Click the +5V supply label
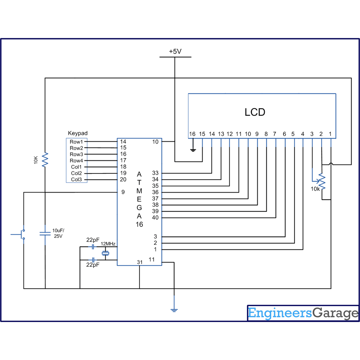click(175, 51)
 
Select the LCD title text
click(255, 112)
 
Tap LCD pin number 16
click(192, 134)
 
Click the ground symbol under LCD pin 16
click(193, 150)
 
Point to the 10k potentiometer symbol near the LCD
click(322, 182)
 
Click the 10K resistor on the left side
click(45, 160)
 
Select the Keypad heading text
click(78, 133)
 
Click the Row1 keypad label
click(76, 142)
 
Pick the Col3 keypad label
click(76, 179)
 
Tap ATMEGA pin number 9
click(123, 192)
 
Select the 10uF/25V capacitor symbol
click(45, 234)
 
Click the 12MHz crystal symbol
click(105, 253)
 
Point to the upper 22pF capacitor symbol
click(93, 247)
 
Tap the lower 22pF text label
click(93, 265)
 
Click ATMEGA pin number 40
click(155, 218)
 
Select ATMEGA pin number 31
click(140, 262)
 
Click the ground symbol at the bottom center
click(174, 310)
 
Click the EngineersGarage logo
click(303, 313)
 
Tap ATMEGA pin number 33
click(155, 173)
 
